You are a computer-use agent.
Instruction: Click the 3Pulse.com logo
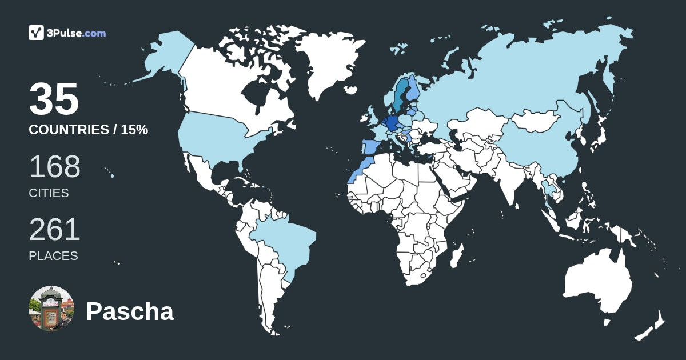(67, 33)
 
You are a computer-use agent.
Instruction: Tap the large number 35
(54, 99)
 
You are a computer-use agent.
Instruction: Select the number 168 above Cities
(55, 167)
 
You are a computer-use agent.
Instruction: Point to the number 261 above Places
(55, 230)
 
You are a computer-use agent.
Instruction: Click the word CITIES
(49, 193)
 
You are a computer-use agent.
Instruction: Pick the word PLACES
(53, 256)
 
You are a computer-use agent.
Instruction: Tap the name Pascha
(130, 312)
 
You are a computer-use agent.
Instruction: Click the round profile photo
(51, 309)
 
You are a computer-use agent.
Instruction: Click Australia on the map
(597, 283)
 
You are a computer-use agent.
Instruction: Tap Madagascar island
(456, 255)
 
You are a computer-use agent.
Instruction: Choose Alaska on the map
(166, 57)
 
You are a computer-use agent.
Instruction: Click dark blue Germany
(392, 122)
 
